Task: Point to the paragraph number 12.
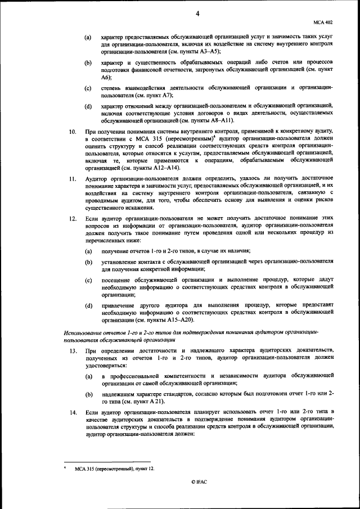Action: point(72,217)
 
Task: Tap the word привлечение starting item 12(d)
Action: point(119,305)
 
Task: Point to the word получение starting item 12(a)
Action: point(115,250)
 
